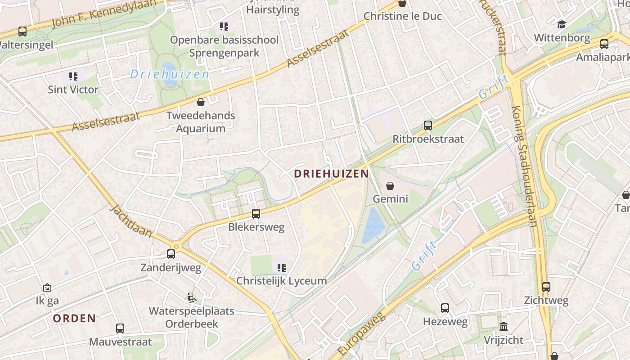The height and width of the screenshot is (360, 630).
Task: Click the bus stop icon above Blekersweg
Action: (256, 214)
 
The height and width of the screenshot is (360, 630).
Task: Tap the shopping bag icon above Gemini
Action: (390, 185)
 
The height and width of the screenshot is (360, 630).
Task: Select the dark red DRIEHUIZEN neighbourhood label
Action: (331, 173)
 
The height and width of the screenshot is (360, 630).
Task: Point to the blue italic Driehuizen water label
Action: (170, 74)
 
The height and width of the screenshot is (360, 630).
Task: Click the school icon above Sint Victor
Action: (73, 76)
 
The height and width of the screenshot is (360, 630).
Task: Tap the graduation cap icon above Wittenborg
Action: (562, 24)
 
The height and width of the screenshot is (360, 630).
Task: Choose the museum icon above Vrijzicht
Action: (504, 326)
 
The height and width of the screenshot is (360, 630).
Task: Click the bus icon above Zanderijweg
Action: (171, 254)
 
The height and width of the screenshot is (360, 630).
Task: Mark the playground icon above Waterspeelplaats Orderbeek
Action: (192, 297)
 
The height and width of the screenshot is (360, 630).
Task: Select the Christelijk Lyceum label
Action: (282, 281)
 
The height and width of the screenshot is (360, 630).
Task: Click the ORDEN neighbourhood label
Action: (75, 319)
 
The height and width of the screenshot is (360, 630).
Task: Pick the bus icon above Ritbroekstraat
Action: (427, 126)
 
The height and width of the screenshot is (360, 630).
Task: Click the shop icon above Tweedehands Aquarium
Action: (201, 102)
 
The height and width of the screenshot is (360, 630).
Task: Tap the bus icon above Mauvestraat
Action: (120, 328)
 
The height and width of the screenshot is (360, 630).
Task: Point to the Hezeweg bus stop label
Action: (445, 322)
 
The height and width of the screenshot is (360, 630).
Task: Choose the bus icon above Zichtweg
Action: (546, 287)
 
